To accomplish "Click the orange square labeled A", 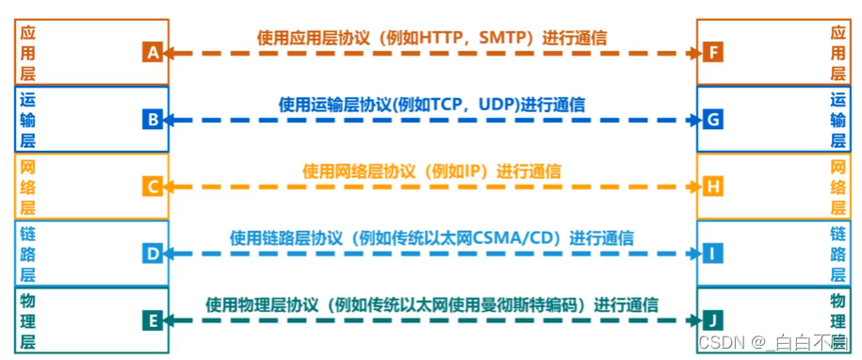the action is [x=153, y=53].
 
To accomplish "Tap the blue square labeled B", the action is [x=153, y=120].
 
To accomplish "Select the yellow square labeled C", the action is [x=153, y=187].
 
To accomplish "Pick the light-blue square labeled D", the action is [x=153, y=254].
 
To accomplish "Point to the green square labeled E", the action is [x=153, y=320].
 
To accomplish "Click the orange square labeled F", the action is [x=713, y=53].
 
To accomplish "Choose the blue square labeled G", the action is [x=713, y=120].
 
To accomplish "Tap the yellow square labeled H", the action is [x=713, y=187].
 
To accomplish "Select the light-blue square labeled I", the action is [x=713, y=254].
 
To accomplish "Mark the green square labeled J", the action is [x=713, y=320].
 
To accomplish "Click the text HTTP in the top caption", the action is [x=438, y=38].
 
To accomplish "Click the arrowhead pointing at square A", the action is [x=171, y=53].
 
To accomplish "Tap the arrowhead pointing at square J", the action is [x=694, y=320].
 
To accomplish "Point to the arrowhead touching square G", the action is [x=694, y=120].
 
